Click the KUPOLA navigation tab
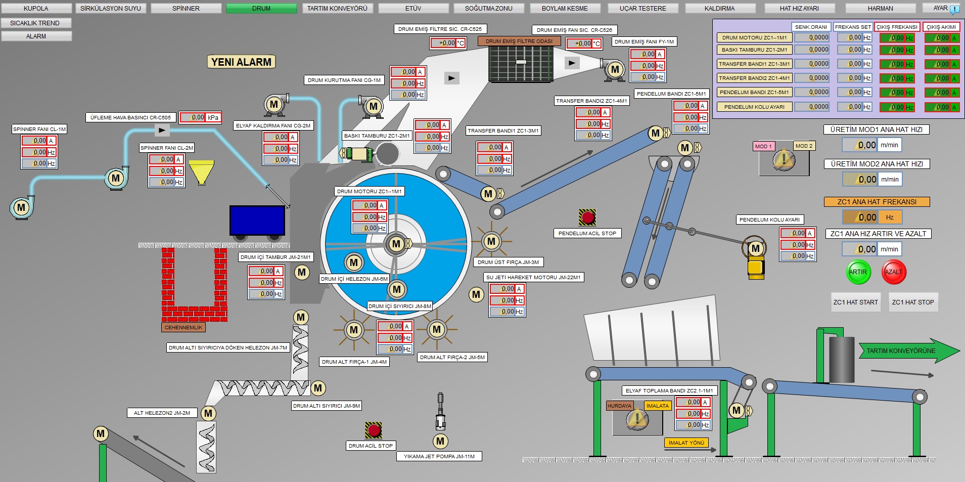coord(36,9)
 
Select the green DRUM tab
coord(261,9)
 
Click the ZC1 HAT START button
coord(855,302)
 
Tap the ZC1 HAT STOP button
coord(912,302)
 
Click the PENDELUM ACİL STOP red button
coord(587,217)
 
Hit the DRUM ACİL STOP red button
coord(374,430)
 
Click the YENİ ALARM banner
coord(241,62)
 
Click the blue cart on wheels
coord(257,221)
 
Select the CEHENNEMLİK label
coord(183,327)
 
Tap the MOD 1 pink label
coord(763,146)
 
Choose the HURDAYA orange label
coord(619,406)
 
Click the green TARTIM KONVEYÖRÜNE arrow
coord(905,350)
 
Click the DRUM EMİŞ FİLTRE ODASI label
coord(519,41)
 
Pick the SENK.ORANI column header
coord(811,27)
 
